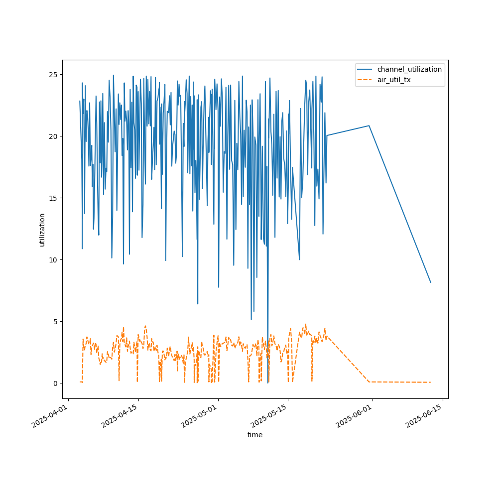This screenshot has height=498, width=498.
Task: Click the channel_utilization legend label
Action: pos(409,69)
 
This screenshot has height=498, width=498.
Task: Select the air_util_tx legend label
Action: pos(394,80)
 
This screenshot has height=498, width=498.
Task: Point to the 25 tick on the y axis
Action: pos(53,75)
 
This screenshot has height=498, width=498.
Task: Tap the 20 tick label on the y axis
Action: pos(53,136)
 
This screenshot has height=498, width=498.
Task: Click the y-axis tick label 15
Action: pos(53,198)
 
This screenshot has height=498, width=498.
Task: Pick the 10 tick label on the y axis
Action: pos(53,260)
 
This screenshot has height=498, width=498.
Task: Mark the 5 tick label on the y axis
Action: pos(56,322)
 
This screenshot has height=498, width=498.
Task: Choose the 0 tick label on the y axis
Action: pos(56,383)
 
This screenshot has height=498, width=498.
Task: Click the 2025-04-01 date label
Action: pos(50,416)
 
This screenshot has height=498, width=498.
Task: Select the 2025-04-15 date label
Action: pos(120,416)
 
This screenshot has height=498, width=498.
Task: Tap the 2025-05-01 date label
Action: pos(200,416)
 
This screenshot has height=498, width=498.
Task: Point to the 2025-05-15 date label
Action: pos(269,416)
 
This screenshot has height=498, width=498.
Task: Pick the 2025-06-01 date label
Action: pos(354,416)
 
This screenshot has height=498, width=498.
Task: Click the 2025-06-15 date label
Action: pos(424,416)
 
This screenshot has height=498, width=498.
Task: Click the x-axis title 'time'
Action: pos(255,435)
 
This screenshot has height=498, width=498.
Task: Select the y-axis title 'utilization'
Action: pos(42,230)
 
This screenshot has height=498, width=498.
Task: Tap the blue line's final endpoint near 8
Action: pos(431,282)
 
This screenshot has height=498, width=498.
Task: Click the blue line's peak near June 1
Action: pos(369,126)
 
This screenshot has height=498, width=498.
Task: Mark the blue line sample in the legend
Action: pos(365,69)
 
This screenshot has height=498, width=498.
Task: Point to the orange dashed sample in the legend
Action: pos(365,80)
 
